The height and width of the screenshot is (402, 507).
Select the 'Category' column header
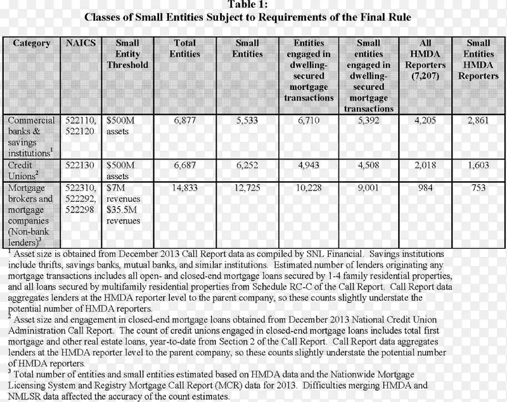31,43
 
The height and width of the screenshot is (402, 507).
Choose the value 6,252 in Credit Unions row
248,165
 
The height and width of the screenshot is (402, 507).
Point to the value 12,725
248,187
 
